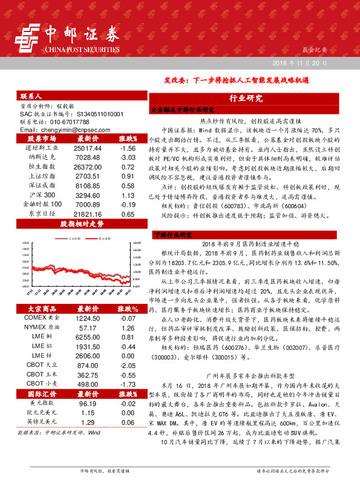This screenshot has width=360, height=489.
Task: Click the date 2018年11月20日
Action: coord(298,64)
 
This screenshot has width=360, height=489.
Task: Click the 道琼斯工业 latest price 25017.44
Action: coord(88,148)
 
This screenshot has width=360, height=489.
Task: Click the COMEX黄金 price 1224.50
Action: coord(88,318)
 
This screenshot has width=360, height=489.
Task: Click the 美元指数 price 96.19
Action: coord(88,402)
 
